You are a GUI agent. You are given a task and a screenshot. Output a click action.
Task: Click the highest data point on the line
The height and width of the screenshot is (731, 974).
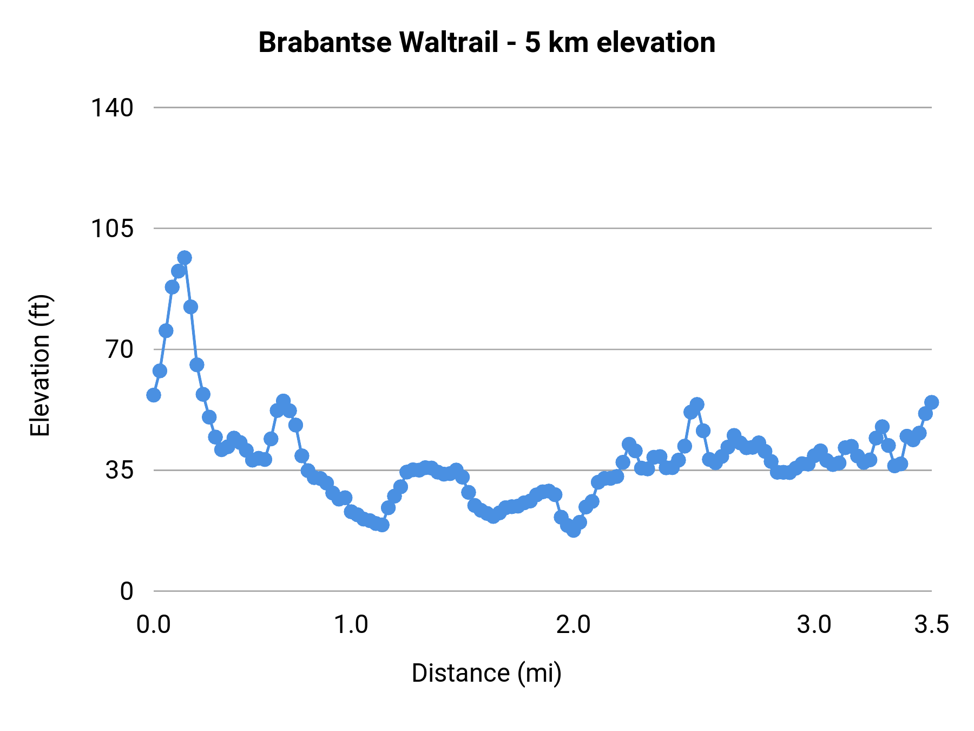[x=185, y=258]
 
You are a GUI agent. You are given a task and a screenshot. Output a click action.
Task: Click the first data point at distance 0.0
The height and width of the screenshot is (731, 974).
[x=154, y=395]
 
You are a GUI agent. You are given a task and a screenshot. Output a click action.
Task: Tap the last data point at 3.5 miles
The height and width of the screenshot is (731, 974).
[x=931, y=402]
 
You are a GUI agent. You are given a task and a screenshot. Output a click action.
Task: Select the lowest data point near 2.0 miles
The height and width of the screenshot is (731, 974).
[x=574, y=530]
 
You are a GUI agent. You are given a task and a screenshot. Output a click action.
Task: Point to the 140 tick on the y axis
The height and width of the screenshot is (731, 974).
[x=111, y=108]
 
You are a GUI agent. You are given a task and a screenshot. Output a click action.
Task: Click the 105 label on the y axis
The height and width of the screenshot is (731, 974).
[x=111, y=229]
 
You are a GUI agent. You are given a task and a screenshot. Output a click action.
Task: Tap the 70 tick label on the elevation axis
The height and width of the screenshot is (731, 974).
[x=119, y=349]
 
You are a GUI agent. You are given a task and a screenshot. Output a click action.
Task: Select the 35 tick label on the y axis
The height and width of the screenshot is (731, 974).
[x=119, y=470]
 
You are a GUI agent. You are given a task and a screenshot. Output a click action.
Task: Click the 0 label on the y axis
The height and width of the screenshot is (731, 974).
[x=126, y=591]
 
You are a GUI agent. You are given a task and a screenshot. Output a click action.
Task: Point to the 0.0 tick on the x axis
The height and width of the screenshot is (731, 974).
[x=154, y=625]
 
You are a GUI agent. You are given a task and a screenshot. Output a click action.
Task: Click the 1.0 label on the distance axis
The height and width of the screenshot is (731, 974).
[x=351, y=625]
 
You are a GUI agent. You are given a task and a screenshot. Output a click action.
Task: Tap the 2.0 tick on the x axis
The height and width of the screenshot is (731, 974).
[x=574, y=625]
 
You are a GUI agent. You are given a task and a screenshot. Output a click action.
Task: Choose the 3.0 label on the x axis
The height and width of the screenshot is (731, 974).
[x=814, y=625]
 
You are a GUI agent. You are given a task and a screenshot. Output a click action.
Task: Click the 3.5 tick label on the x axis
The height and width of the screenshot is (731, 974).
[x=931, y=625]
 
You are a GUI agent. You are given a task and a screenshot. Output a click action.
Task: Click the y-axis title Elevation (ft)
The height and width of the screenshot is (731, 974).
[x=40, y=365]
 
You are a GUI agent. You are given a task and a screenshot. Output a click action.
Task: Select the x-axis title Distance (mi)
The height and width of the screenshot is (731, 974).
[x=486, y=673]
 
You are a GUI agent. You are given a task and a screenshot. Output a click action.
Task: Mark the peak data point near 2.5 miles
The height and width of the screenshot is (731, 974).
[x=697, y=404]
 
